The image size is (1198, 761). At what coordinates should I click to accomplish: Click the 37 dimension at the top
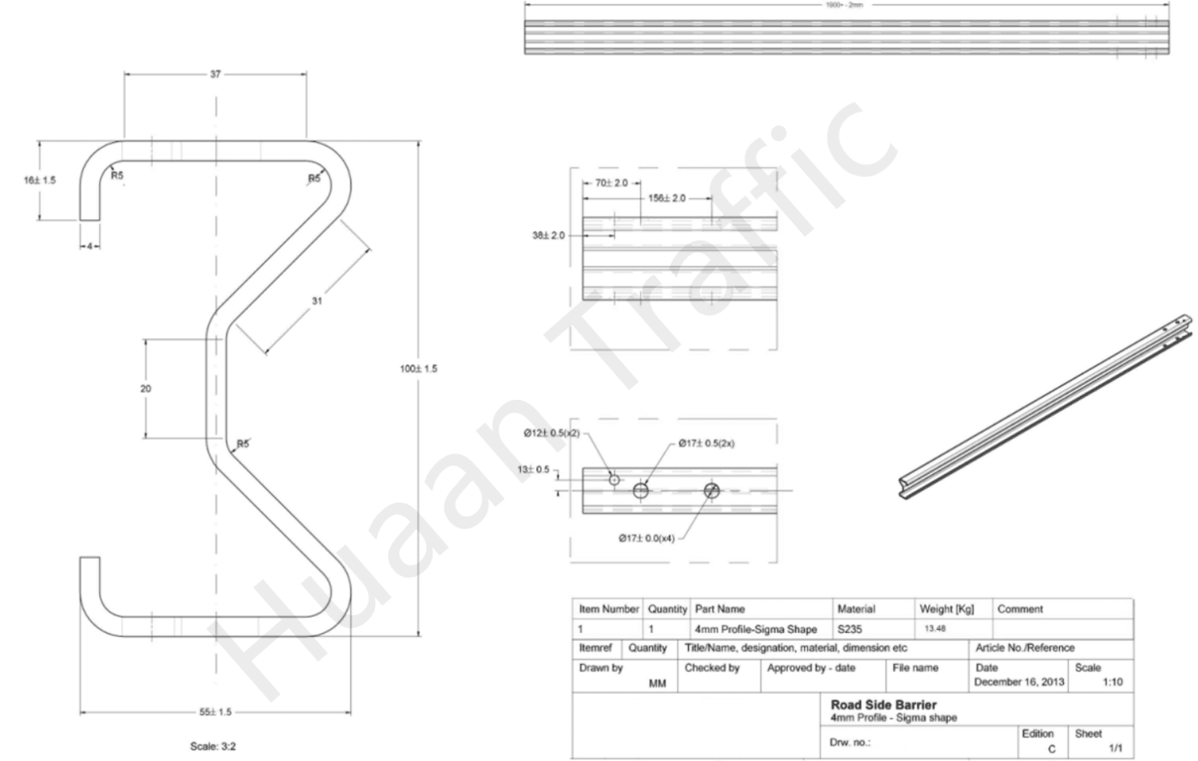pos(215,74)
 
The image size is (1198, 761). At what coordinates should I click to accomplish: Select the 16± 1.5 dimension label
pos(40,180)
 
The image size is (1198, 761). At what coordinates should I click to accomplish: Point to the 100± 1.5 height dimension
pos(419,369)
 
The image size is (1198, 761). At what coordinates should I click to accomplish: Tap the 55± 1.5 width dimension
pos(215,712)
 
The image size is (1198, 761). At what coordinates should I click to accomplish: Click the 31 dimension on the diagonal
pos(317,301)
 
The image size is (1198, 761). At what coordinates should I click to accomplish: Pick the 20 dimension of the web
pos(146,388)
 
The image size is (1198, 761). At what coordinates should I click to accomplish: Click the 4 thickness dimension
pos(90,246)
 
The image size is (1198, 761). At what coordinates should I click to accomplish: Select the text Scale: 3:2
pos(213,746)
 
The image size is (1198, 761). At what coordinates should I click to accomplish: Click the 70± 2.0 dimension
pos(611,182)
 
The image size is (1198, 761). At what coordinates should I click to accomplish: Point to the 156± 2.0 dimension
pos(667,198)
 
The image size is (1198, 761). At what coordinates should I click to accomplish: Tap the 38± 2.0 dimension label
pos(548,235)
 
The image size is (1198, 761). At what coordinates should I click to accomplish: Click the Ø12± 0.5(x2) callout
pos(551,433)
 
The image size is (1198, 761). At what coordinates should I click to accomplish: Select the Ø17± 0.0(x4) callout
pos(647,538)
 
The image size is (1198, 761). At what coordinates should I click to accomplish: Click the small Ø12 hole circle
pos(615,480)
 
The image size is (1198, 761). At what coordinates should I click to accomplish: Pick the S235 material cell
pos(849,629)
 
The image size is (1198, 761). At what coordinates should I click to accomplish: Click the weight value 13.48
pos(935,628)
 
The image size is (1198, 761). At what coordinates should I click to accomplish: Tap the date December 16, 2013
pos(1019,681)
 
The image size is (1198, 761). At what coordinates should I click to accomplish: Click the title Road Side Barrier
pos(884,705)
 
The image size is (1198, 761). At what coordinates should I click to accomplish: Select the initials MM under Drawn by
pos(657,683)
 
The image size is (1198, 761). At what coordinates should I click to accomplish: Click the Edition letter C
pos(1051,749)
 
